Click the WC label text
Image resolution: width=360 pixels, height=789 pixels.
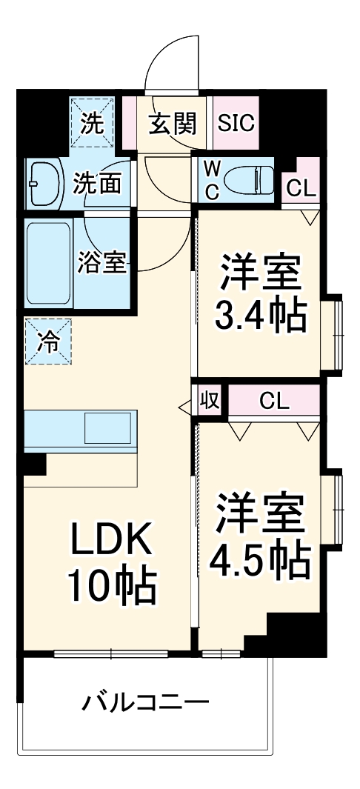[x=211, y=179]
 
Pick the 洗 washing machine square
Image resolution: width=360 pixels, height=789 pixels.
[x=93, y=123]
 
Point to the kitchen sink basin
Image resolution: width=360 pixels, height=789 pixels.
[x=108, y=428]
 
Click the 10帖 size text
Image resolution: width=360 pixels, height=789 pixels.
[x=113, y=587]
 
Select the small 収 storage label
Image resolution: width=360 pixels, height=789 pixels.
[x=210, y=402]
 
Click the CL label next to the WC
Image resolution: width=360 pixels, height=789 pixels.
[x=301, y=189]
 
